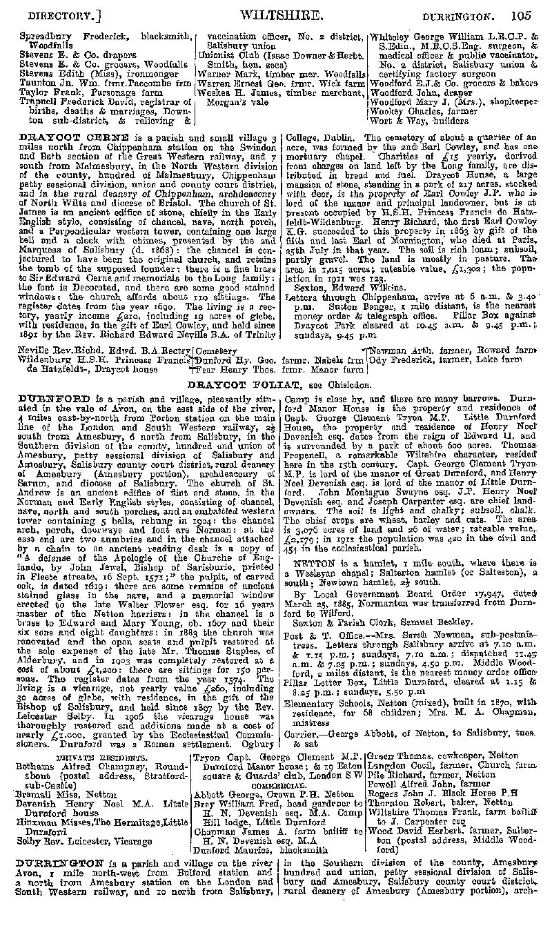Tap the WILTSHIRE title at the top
[x=279, y=14]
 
